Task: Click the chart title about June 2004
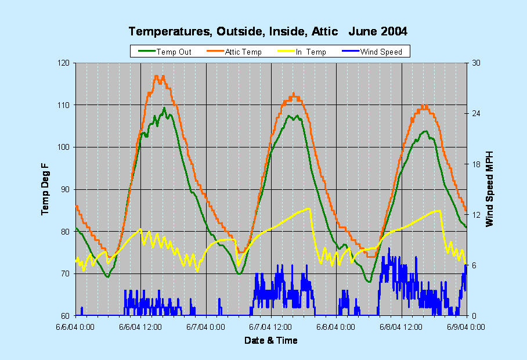click(268, 31)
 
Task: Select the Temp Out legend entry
click(174, 52)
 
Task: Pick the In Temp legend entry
click(311, 52)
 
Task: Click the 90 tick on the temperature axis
click(65, 189)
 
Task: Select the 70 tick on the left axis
click(65, 273)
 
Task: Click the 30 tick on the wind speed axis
click(474, 63)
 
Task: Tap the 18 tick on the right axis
click(474, 164)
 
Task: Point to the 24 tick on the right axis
click(474, 113)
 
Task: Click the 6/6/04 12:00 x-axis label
click(141, 327)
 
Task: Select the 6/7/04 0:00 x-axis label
click(207, 327)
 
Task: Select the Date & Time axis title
click(271, 340)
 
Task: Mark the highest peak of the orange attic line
click(156, 76)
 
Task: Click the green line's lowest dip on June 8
click(368, 282)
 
